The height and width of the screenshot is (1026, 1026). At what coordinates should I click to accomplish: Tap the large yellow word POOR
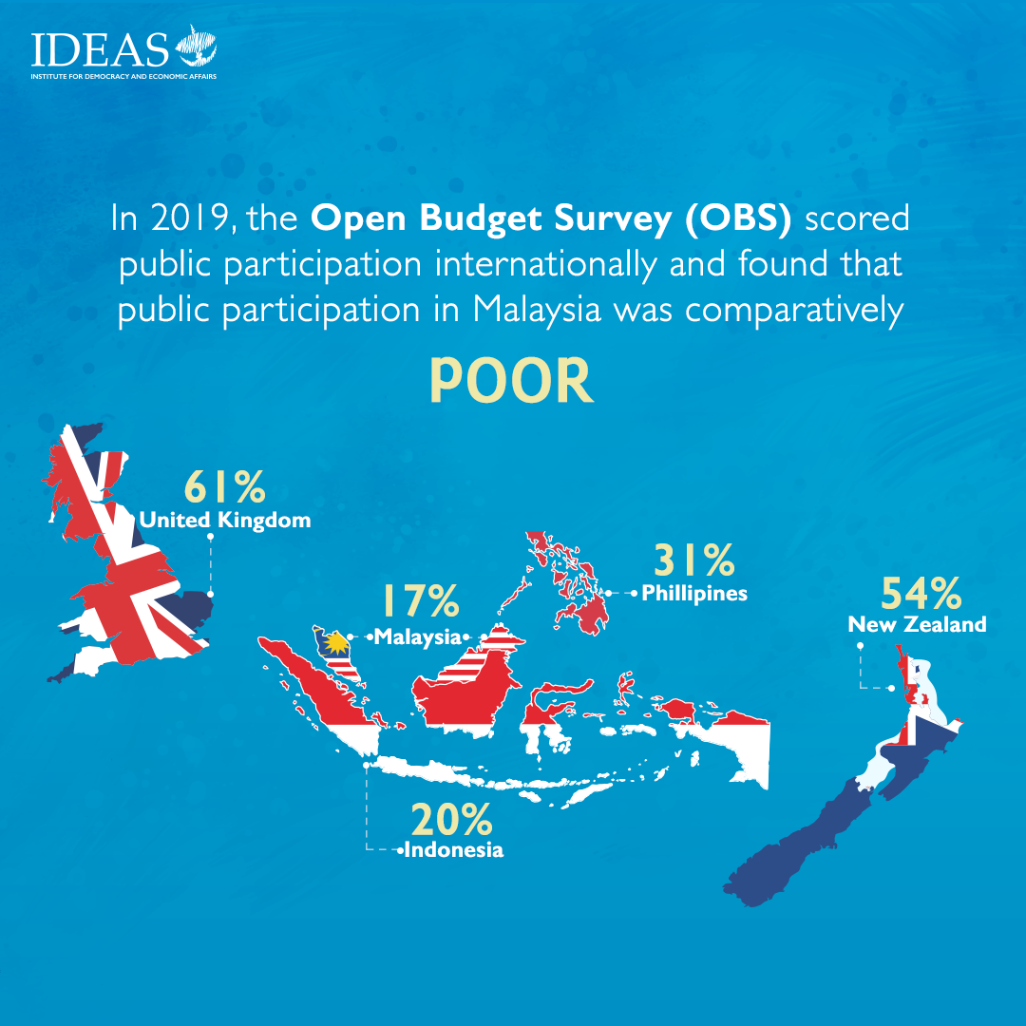pos(511,382)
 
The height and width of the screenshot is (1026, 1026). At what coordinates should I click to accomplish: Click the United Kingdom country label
pos(225,521)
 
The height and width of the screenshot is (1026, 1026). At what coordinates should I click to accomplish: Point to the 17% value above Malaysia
pos(420,601)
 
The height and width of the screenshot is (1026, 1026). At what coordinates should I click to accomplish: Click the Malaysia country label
pos(417,636)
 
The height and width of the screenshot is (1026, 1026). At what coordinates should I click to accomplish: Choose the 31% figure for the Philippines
pos(693,560)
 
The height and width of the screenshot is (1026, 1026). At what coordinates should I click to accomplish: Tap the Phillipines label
pos(694,594)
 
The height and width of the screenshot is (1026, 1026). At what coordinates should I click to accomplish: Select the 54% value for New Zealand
pos(921,593)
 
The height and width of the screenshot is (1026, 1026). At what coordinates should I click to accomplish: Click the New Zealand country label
pos(917,625)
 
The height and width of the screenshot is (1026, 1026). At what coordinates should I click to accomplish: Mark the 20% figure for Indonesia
pos(451,820)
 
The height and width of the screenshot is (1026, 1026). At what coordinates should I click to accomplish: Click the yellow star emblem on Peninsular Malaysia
pos(332,647)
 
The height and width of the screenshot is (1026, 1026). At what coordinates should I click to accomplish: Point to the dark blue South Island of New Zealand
pos(826,826)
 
